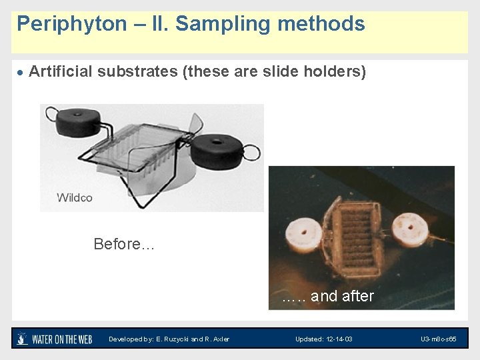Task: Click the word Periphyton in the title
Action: pos(71,25)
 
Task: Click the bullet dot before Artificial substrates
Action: pos(21,73)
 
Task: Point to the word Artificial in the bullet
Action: pos(61,72)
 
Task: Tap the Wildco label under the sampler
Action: pos(75,197)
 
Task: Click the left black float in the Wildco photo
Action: pos(79,121)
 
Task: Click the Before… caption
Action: pos(124,244)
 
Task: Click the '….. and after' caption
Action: pos(327,296)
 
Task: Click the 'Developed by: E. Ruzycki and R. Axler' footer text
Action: pos(169,339)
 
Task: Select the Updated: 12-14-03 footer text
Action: pos(324,339)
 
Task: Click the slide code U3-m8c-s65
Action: pos(438,339)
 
